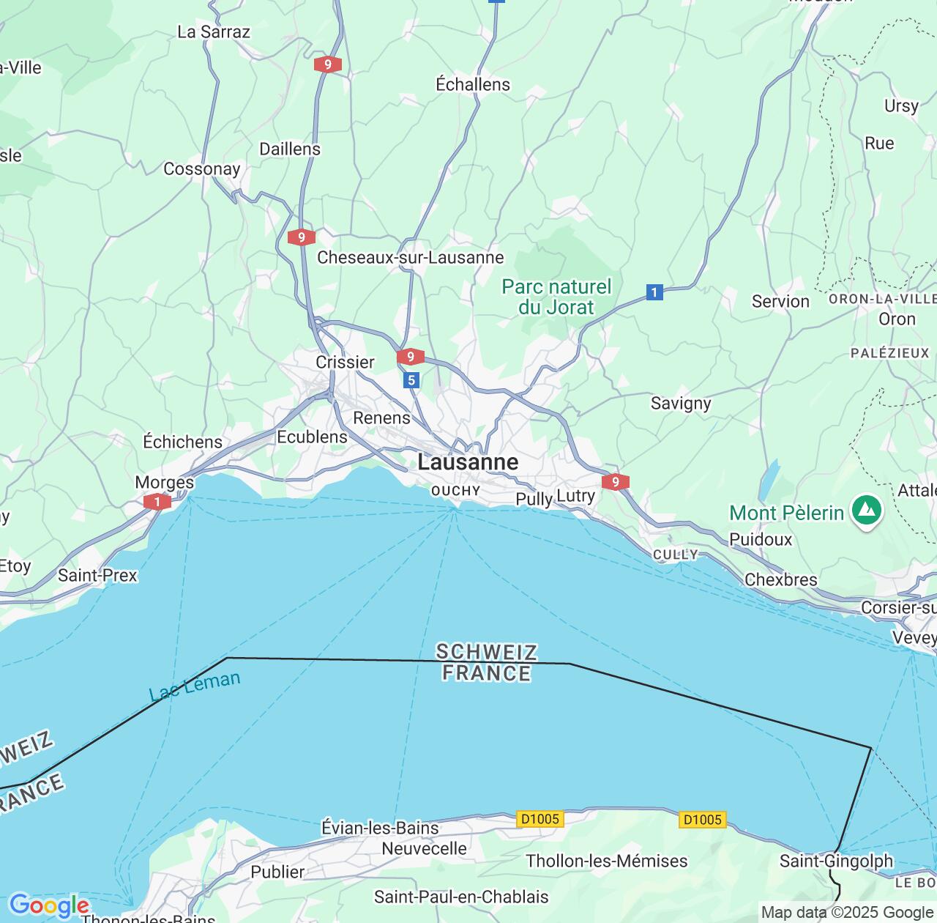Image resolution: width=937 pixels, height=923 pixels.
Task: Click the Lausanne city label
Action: (468, 462)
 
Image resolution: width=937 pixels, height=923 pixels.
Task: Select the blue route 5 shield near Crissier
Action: (411, 379)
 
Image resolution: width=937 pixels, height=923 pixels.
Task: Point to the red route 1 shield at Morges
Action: (157, 502)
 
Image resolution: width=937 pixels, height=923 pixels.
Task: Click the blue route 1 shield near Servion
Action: (654, 293)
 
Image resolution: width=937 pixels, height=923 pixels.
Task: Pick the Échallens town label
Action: (473, 84)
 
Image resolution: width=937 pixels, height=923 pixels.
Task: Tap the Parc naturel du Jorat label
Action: (556, 297)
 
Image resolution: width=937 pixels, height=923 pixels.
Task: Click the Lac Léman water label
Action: (195, 686)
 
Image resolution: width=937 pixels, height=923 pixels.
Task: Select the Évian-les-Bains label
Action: (380, 828)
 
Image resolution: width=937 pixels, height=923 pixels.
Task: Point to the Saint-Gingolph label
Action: (836, 861)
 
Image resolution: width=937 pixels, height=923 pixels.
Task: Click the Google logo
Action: (48, 905)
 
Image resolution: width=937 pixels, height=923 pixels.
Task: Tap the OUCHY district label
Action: (455, 491)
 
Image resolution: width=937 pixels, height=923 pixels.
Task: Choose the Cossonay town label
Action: (202, 169)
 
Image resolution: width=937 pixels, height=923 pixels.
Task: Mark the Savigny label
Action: (681, 403)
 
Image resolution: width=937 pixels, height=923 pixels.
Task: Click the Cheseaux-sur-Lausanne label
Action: (410, 258)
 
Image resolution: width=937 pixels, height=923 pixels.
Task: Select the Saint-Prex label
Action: (97, 575)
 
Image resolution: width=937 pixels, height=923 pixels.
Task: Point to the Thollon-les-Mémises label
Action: (606, 861)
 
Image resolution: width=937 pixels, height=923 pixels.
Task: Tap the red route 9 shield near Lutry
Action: (615, 481)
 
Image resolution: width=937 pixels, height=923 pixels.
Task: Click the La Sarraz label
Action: (214, 31)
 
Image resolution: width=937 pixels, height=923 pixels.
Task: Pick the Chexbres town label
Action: (780, 579)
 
